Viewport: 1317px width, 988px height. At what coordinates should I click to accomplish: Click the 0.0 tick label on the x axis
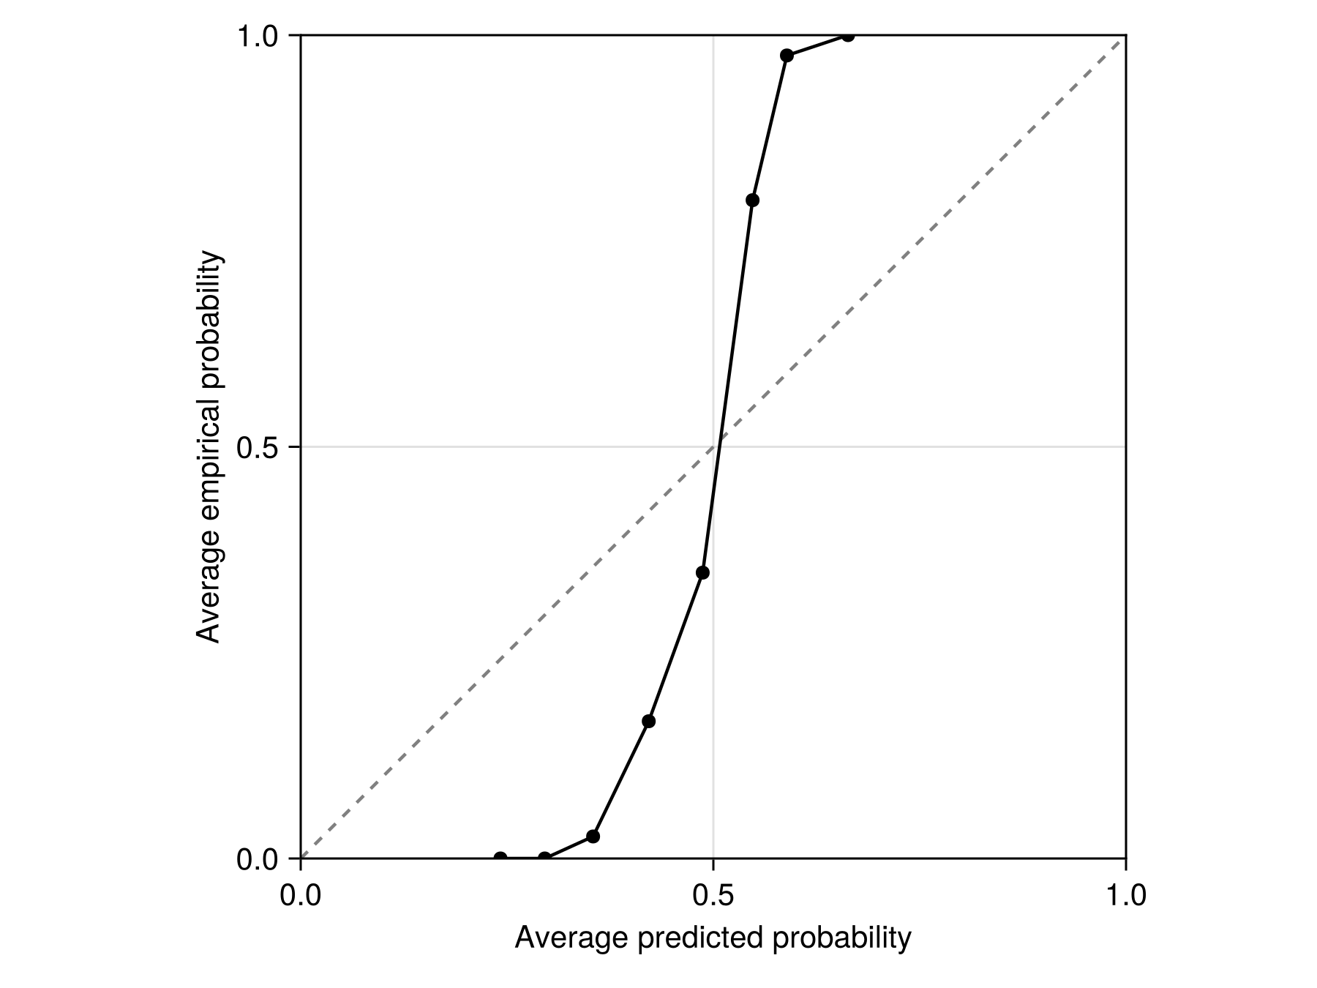(x=301, y=895)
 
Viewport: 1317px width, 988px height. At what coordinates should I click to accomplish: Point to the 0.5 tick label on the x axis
(x=713, y=895)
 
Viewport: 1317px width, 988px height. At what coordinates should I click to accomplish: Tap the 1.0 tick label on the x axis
(x=1125, y=895)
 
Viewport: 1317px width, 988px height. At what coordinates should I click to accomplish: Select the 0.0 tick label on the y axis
(x=258, y=859)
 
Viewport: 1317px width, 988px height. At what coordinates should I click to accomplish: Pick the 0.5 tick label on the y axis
(x=258, y=447)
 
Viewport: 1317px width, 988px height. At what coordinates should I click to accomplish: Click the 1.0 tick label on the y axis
(x=258, y=35)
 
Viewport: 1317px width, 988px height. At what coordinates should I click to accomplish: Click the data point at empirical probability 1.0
(x=847, y=35)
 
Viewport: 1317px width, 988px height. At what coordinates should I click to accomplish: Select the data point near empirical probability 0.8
(x=752, y=201)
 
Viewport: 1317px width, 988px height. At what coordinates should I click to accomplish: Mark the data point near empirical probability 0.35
(x=702, y=572)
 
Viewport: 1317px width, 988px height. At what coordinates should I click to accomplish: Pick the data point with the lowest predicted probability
(x=500, y=858)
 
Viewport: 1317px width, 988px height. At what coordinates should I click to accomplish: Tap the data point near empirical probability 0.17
(x=648, y=721)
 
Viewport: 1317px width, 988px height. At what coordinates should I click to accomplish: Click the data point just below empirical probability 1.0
(x=787, y=56)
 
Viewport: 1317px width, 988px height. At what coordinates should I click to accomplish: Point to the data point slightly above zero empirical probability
(x=593, y=836)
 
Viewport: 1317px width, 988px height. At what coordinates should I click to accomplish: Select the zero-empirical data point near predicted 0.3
(x=544, y=858)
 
